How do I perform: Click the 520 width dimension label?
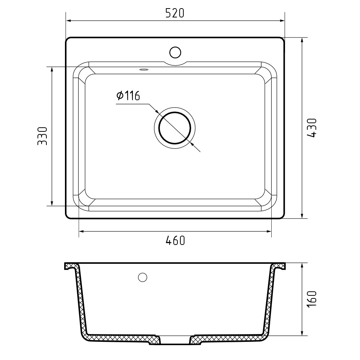click(175, 13)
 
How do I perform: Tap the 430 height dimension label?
click(311, 128)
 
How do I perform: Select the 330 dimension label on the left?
click(42, 136)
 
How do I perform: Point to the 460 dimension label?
click(175, 240)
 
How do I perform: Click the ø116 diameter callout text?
click(128, 95)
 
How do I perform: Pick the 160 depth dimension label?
click(311, 298)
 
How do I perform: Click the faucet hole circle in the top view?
click(175, 52)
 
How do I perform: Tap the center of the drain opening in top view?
click(175, 128)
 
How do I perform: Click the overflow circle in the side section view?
click(143, 277)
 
